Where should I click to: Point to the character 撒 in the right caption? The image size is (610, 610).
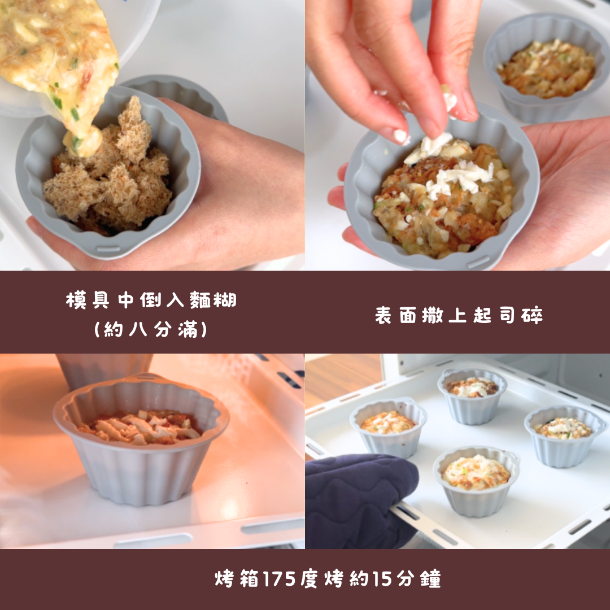(x=433, y=315)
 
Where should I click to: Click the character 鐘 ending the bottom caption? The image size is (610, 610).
(x=430, y=578)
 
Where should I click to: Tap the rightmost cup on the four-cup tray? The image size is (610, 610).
(x=565, y=435)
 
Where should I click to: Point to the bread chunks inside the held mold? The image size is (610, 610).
(x=109, y=175)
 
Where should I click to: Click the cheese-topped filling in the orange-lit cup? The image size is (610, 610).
(x=140, y=427)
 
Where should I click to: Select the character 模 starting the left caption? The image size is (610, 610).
(x=76, y=300)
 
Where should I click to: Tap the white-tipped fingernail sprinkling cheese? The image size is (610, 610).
(x=400, y=136)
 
